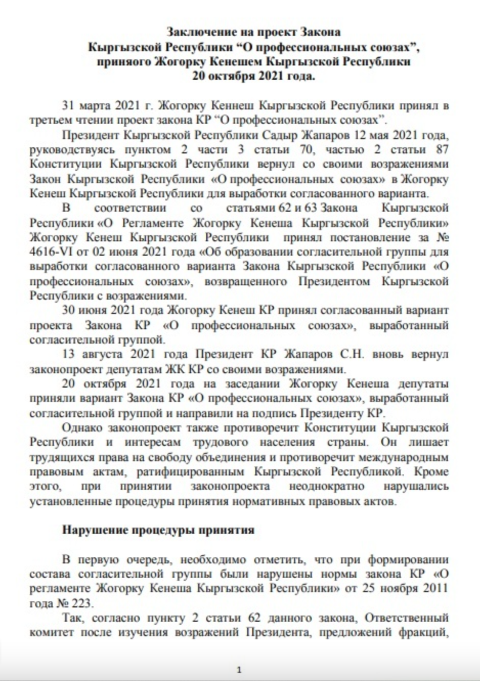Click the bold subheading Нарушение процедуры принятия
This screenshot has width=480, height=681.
(158, 529)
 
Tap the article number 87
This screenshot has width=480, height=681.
(441, 150)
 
